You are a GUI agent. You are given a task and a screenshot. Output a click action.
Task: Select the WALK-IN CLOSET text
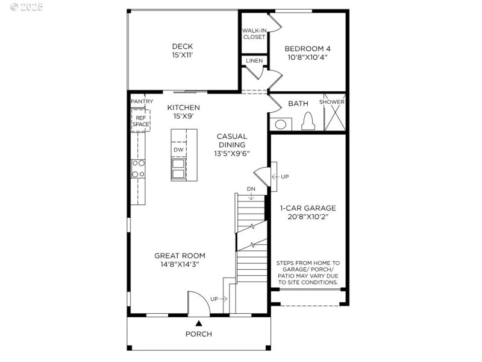point(254,34)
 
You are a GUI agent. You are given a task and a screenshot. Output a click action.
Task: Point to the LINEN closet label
point(254,61)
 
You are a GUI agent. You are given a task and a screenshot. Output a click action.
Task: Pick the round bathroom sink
point(280,124)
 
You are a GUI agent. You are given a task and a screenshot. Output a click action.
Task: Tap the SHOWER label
point(332,102)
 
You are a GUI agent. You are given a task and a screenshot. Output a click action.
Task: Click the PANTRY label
point(142,101)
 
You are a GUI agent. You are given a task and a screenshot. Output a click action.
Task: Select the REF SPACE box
point(140,121)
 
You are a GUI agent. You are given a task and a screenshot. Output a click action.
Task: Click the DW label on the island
point(178,150)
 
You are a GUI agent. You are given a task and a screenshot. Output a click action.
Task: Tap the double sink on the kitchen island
point(179,169)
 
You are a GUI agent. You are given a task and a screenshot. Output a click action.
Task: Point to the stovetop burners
point(138,168)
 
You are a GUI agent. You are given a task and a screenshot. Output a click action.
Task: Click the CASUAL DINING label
point(231,145)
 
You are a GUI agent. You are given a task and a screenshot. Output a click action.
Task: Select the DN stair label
point(251,189)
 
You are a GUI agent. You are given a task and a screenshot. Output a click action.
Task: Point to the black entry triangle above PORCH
point(198,323)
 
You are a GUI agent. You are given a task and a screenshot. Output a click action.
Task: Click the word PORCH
point(198,334)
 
